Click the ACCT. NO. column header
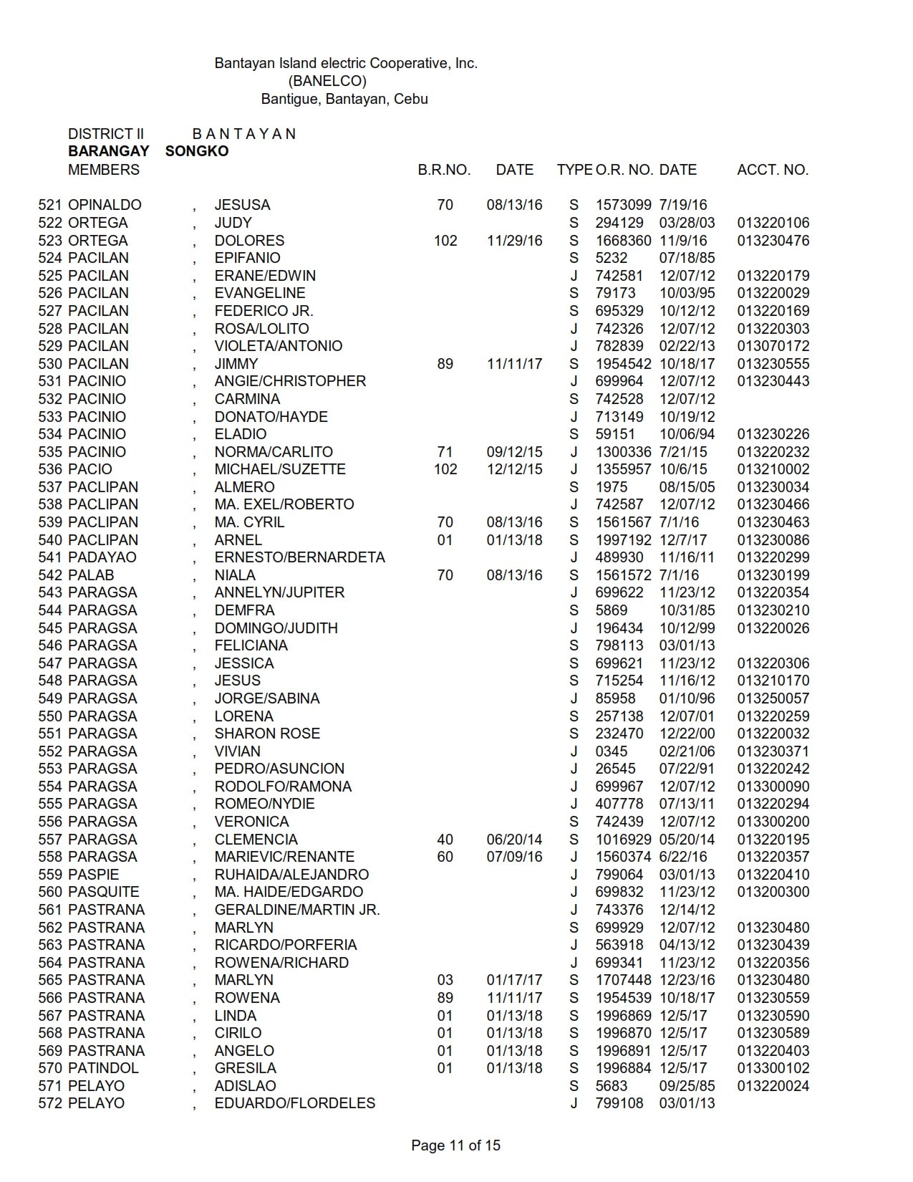(772, 170)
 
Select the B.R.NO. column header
(444, 170)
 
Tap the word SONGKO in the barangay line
(197, 151)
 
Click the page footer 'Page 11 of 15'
(455, 1145)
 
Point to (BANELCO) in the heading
(327, 81)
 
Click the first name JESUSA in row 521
(242, 205)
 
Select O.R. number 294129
(619, 223)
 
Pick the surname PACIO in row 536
(90, 469)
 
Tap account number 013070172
(773, 346)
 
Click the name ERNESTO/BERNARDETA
(299, 557)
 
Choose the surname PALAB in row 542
(91, 575)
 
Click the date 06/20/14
(514, 840)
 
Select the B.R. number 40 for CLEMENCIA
(445, 840)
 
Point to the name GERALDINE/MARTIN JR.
(297, 910)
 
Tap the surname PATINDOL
(103, 1068)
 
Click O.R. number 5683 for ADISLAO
(612, 1086)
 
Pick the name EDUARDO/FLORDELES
(294, 1103)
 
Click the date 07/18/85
(687, 258)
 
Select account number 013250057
(773, 698)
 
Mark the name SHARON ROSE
(267, 734)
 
